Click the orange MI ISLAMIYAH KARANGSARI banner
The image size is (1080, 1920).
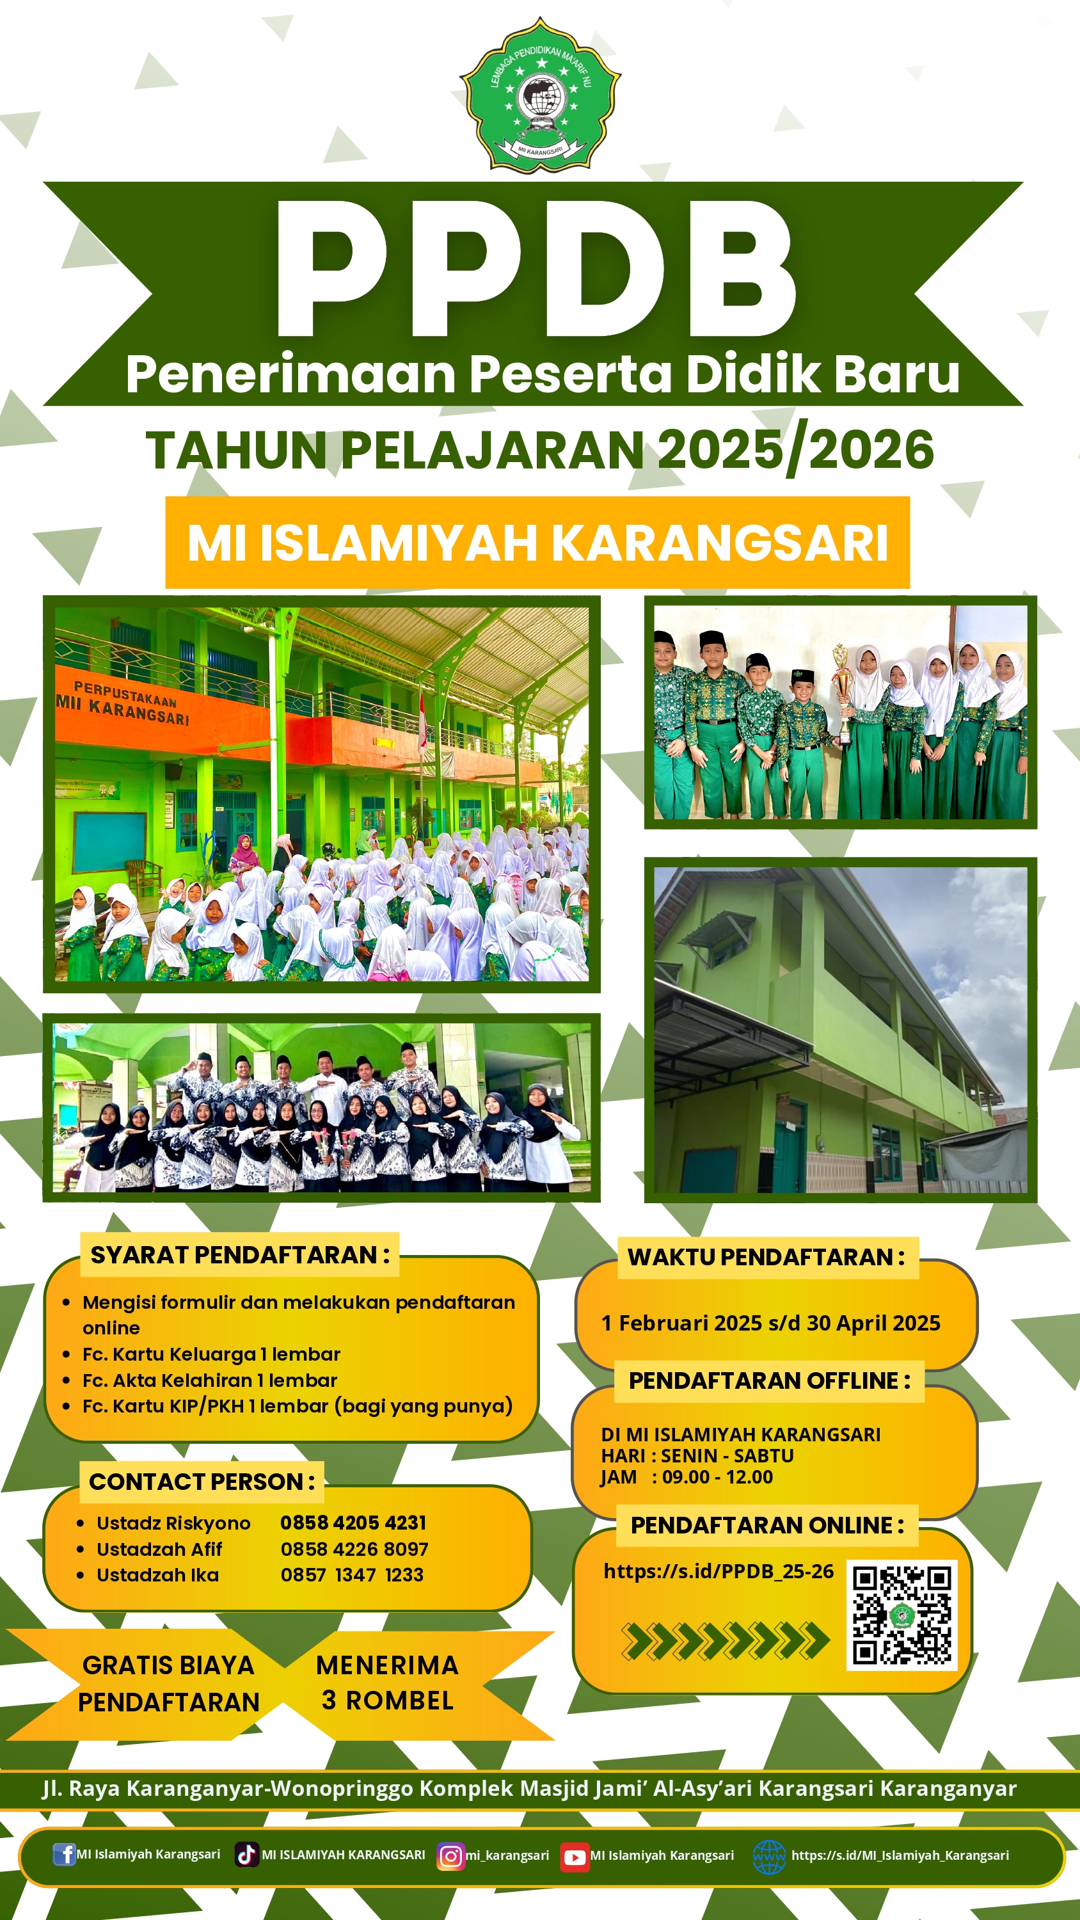(x=537, y=542)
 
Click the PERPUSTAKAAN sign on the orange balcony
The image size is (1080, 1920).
(x=125, y=694)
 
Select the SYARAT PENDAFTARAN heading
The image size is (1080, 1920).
(x=240, y=1254)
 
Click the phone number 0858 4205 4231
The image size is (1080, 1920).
(x=353, y=1522)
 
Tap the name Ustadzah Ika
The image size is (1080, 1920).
(x=157, y=1574)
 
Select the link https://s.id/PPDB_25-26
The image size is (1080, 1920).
(x=719, y=1571)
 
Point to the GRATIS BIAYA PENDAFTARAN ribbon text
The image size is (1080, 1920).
(x=168, y=1683)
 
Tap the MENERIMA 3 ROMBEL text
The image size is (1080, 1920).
(x=387, y=1682)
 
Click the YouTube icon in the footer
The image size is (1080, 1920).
(x=574, y=1857)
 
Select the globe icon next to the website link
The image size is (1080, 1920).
(x=769, y=1857)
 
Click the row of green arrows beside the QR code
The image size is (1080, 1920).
(x=725, y=1640)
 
